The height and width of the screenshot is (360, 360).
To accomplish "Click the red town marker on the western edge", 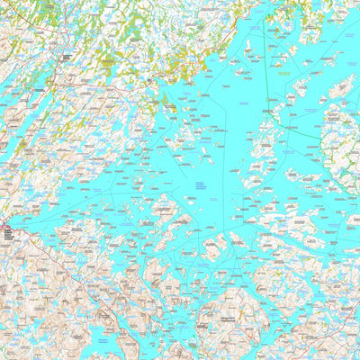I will coord(4,229).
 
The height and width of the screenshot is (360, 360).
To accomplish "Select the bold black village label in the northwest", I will coord(66,57).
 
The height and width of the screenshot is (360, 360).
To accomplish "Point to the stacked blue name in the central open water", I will coord(197,185).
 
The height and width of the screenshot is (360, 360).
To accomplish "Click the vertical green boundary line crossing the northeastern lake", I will coord(266,54).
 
